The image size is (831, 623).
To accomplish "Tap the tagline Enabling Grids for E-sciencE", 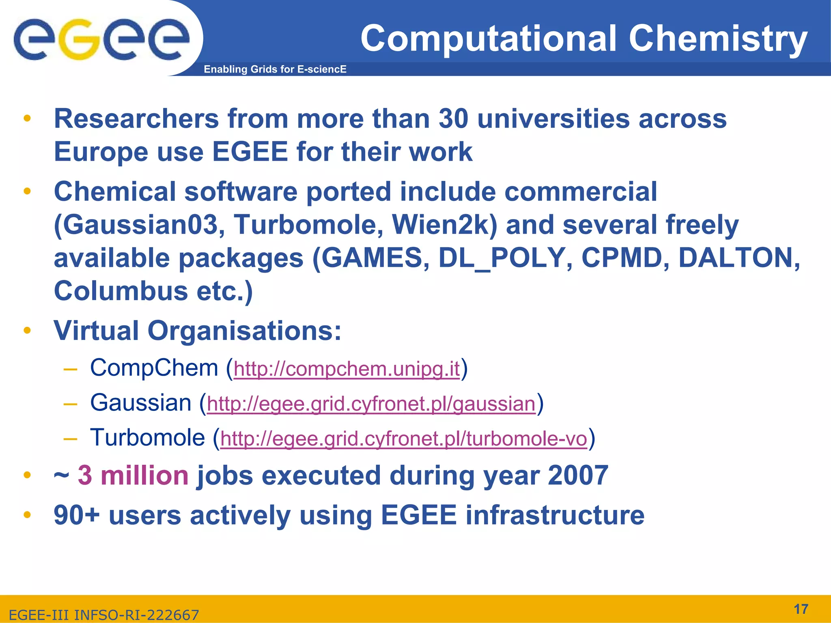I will coord(275,69).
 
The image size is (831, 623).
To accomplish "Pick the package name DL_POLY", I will coord(502,258).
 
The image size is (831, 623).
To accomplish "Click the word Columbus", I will coord(121,291).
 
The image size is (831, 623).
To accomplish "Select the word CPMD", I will coord(622,258).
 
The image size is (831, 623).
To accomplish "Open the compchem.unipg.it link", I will coord(347,369).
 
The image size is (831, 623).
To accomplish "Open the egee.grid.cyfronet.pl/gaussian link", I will coord(371,404).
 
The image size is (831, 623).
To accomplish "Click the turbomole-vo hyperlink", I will coord(403,439).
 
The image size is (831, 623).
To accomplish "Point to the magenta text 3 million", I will coord(133,475).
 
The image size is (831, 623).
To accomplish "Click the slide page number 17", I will coord(801,609).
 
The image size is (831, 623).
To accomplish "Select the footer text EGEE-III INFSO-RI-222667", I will coord(104,615).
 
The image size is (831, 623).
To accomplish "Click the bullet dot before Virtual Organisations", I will coord(27,331).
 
